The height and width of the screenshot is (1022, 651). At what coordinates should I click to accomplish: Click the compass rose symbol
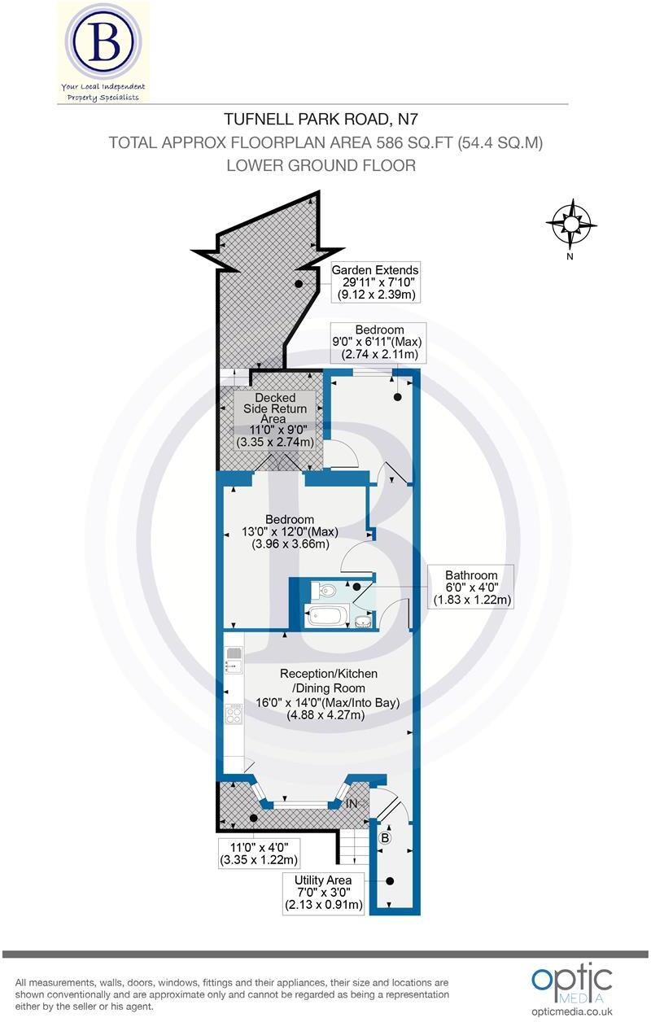(571, 224)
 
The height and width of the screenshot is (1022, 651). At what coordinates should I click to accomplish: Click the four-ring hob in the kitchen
(234, 715)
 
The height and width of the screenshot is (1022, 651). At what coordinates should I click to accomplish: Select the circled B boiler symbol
(386, 837)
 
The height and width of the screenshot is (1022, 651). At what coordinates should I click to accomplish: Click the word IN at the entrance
(352, 803)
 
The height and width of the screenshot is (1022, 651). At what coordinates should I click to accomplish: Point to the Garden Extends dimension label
(375, 282)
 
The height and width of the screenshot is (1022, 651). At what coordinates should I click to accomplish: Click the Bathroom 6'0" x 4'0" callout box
(471, 587)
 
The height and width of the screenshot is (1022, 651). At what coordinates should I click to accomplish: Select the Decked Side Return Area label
(274, 418)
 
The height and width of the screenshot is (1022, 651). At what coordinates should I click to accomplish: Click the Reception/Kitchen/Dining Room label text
(329, 694)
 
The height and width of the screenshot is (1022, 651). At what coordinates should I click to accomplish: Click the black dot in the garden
(299, 283)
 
